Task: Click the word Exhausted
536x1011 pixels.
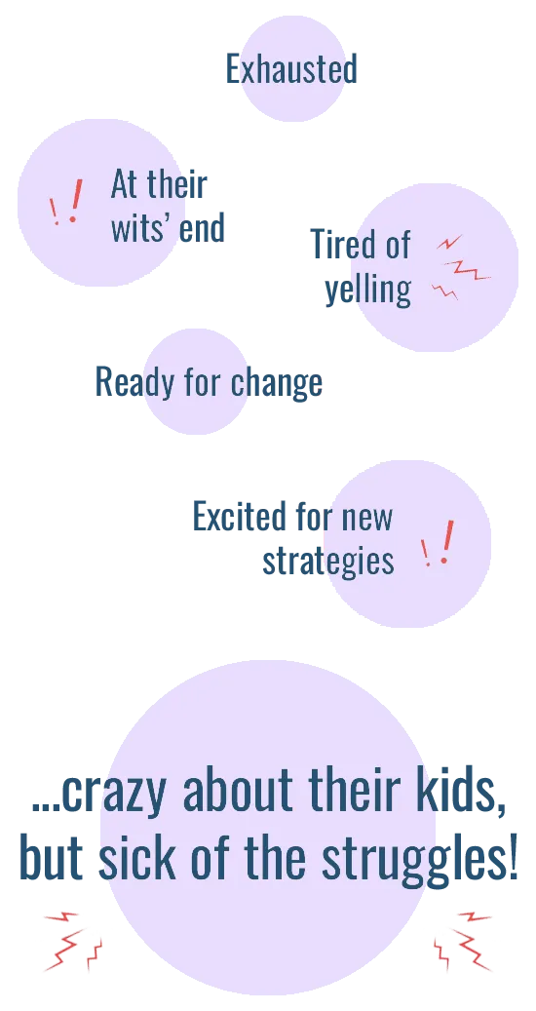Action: tap(291, 69)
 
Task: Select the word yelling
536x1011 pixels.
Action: tap(367, 291)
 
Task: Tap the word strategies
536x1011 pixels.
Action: tap(327, 561)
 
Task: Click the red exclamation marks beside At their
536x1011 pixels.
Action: tap(67, 202)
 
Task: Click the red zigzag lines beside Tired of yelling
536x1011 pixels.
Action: tap(461, 267)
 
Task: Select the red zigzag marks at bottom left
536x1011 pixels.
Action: tap(72, 942)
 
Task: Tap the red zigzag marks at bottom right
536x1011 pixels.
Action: tap(463, 942)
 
